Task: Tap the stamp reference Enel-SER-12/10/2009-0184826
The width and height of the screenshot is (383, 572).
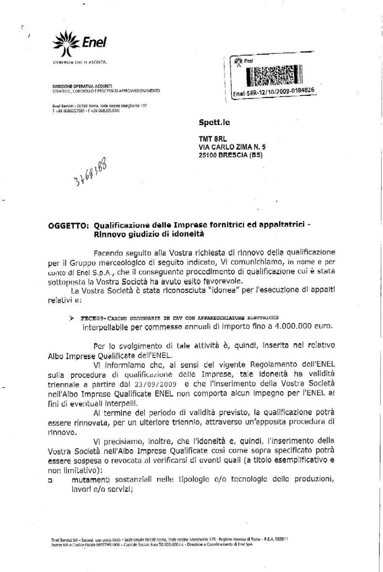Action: click(273, 92)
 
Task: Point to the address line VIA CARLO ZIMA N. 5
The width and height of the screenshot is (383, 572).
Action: click(232, 147)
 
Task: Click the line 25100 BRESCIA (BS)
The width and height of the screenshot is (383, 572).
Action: click(230, 155)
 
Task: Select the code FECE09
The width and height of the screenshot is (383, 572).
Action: click(84, 318)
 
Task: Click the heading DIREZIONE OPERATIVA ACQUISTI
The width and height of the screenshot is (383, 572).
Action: click(76, 86)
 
